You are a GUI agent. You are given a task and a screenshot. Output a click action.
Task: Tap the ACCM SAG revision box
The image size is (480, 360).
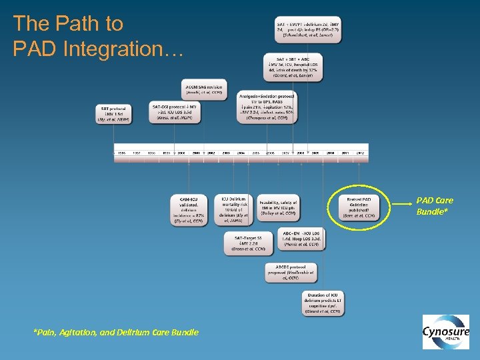tap(204, 89)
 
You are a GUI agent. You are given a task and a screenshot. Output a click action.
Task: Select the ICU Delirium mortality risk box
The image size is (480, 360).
tap(233, 209)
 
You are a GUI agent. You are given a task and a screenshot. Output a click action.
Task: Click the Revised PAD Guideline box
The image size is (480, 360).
tap(359, 207)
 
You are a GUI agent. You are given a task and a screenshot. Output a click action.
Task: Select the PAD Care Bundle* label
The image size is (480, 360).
tap(435, 205)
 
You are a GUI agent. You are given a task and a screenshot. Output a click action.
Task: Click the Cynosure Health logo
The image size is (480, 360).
tap(445, 331)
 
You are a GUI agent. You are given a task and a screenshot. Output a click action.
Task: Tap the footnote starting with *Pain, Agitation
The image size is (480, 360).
tap(116, 332)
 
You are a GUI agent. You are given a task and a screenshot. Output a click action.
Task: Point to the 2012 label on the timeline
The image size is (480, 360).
tap(359, 153)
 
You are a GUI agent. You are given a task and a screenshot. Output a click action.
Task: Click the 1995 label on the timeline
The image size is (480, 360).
tap(121, 153)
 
